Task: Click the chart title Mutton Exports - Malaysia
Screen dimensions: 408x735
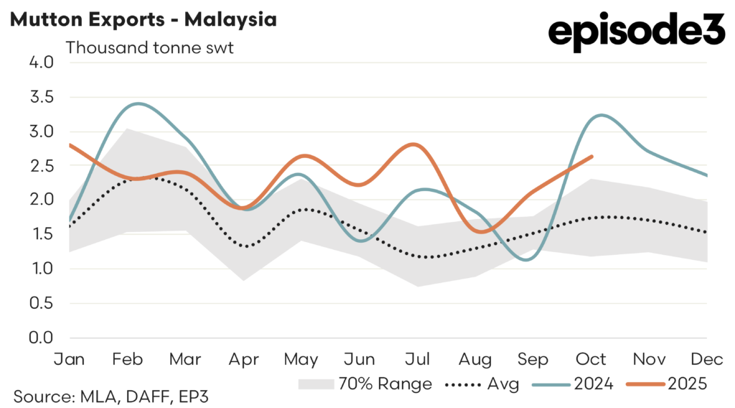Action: [143, 19]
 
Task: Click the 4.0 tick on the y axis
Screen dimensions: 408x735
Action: [42, 62]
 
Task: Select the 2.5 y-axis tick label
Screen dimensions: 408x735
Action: [42, 166]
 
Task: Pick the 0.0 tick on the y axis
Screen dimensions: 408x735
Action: [42, 338]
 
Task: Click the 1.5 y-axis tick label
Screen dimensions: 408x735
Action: [42, 234]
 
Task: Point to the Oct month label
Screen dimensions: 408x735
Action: [592, 358]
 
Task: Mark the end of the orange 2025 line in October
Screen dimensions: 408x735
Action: [591, 157]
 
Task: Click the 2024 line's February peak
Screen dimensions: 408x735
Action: [137, 103]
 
